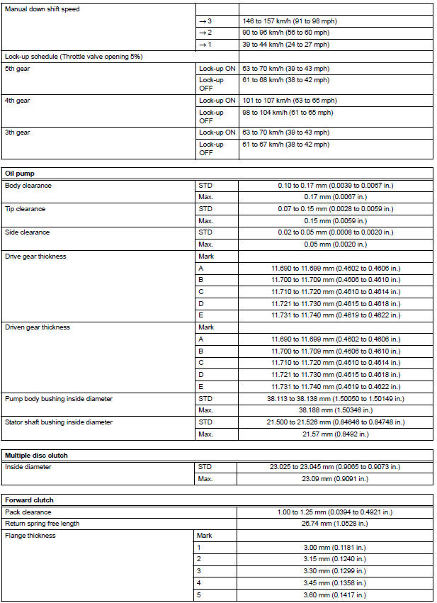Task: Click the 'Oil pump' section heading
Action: pyautogui.click(x=19, y=173)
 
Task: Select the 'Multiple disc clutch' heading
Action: pyautogui.click(x=36, y=454)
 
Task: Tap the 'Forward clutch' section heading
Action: pyautogui.click(x=28, y=500)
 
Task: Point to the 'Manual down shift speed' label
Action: pyautogui.click(x=43, y=9)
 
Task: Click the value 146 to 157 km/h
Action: pyautogui.click(x=287, y=21)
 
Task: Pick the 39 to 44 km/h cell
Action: pyautogui.click(x=285, y=44)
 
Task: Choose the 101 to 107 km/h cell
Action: pyautogui.click(x=289, y=100)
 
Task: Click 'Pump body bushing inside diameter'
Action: pyautogui.click(x=58, y=399)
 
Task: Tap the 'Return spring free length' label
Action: pyautogui.click(x=42, y=524)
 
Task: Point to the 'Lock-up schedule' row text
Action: pyautogui.click(x=73, y=56)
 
